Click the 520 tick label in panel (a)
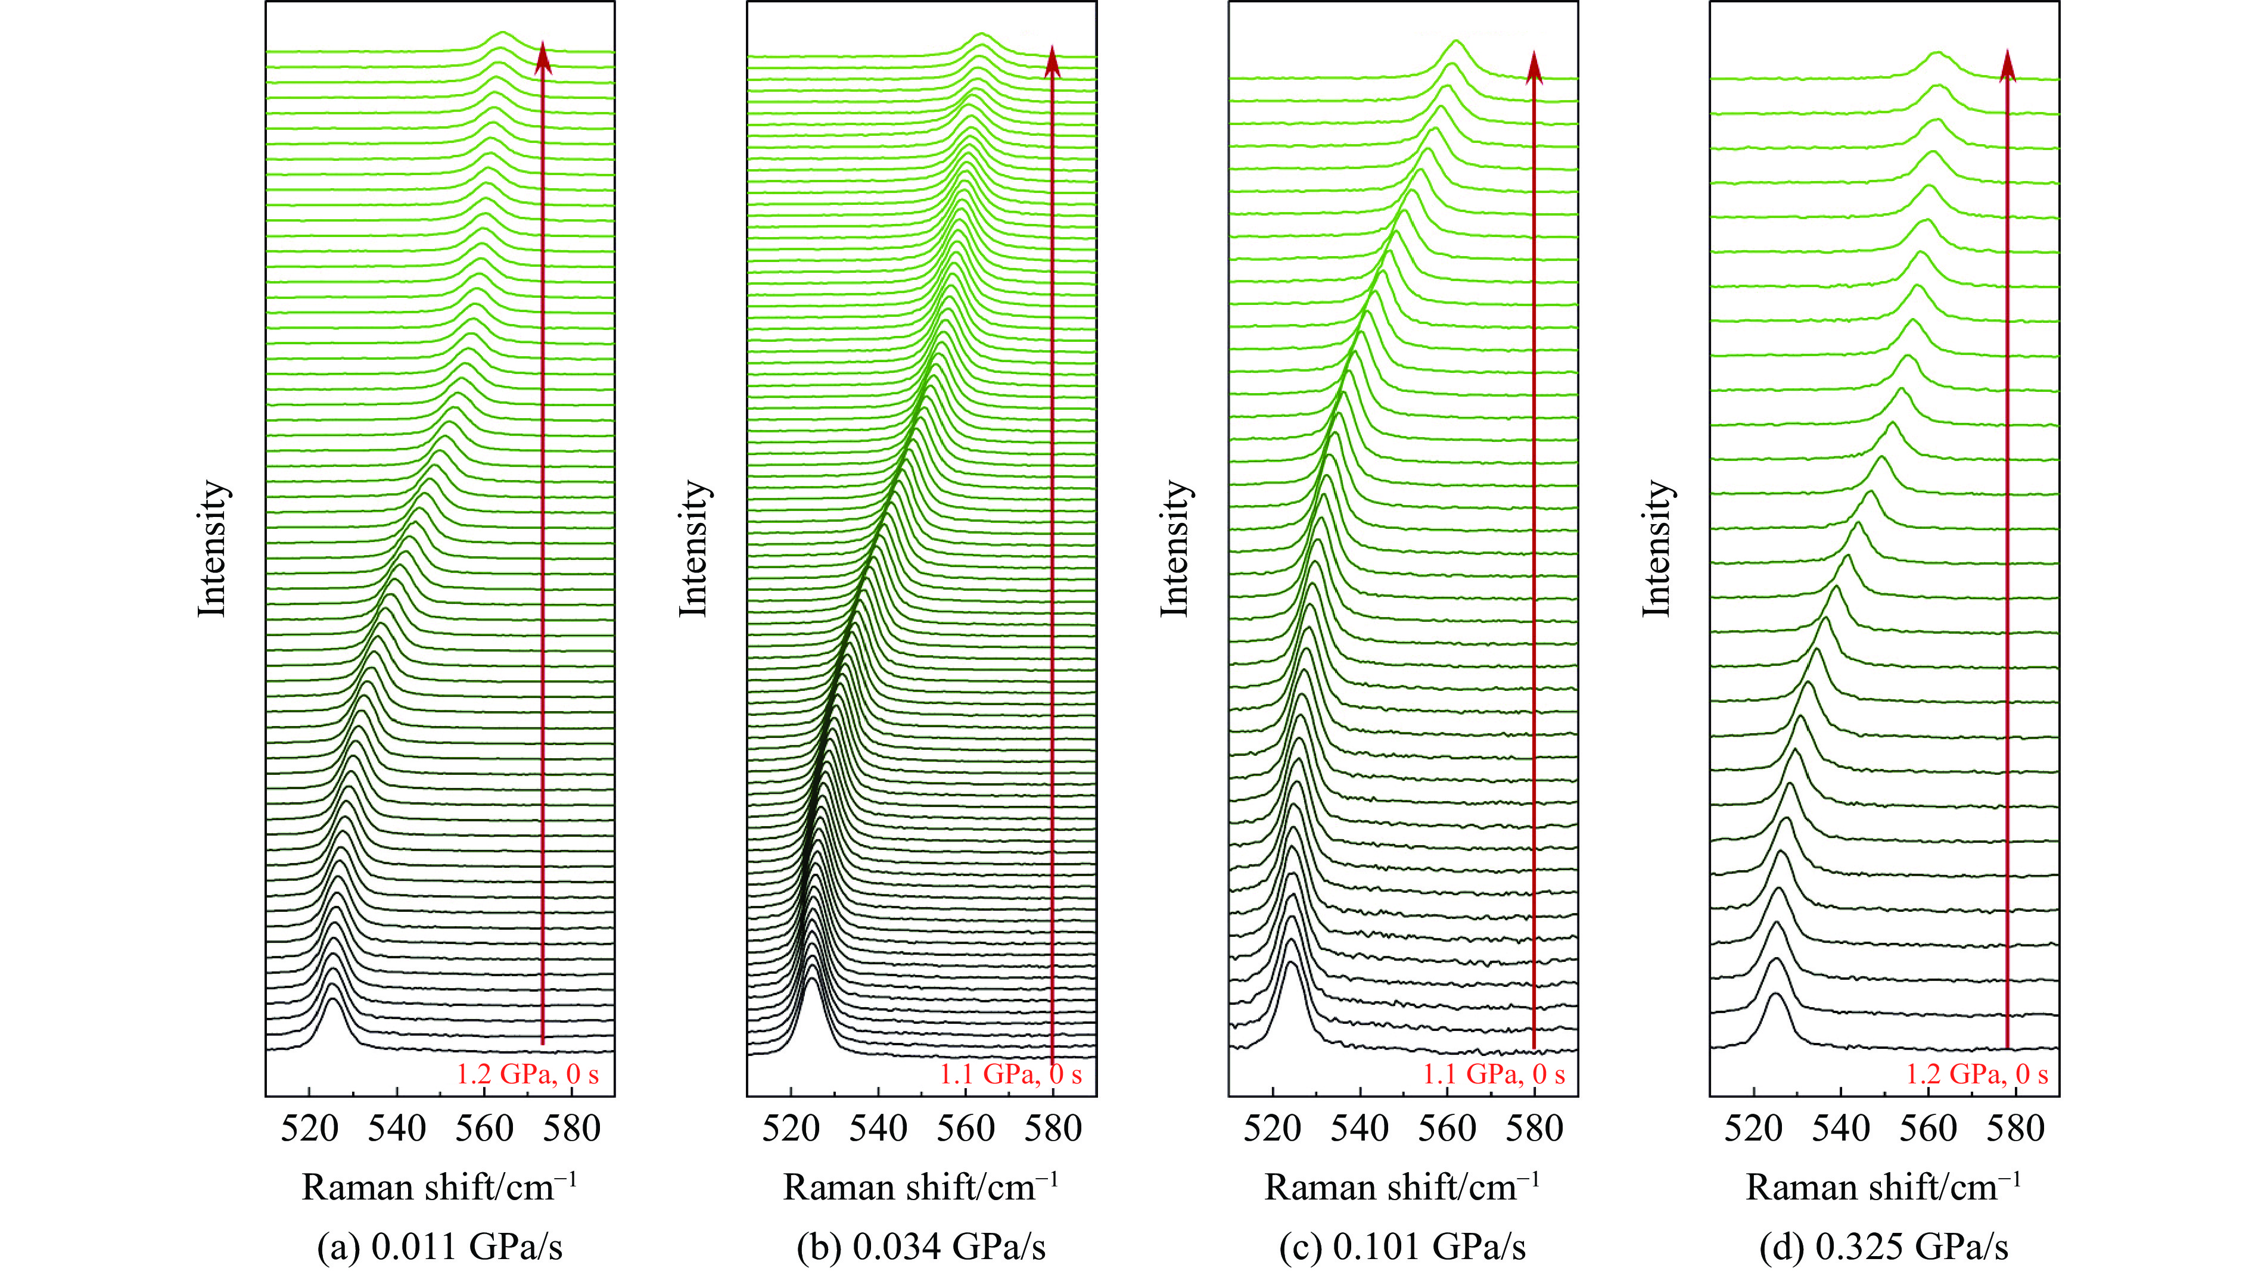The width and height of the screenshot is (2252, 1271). (309, 1129)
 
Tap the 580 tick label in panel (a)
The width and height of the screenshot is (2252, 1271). (572, 1129)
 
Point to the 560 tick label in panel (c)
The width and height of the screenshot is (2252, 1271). (1447, 1129)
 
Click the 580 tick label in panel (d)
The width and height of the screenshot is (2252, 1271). (2016, 1129)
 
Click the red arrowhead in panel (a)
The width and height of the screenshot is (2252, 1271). (543, 58)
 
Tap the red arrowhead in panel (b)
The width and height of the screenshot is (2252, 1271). (1053, 61)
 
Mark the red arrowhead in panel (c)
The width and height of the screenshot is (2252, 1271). (1534, 67)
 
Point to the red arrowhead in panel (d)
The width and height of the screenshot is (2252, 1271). (2007, 66)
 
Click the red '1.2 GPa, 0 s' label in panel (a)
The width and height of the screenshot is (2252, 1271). (527, 1073)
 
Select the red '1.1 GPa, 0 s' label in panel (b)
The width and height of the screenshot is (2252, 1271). (1010, 1073)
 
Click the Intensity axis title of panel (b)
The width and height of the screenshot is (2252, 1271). (693, 548)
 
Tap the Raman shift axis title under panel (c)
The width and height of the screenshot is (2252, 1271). (1402, 1187)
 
